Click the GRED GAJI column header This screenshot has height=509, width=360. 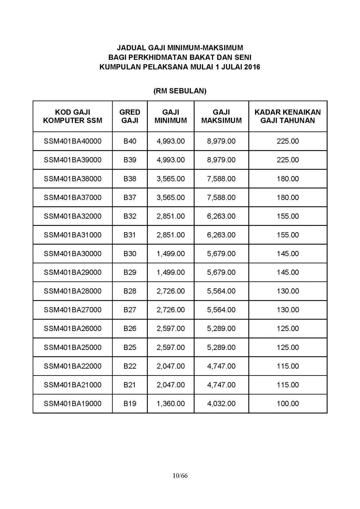pos(130,116)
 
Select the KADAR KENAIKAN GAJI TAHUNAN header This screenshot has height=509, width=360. pos(288,116)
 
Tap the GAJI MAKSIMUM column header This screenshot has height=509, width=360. pos(221,116)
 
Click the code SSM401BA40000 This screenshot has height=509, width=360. pos(72,141)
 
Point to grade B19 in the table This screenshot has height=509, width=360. pos(130,403)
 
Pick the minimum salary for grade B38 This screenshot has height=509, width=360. pos(171,179)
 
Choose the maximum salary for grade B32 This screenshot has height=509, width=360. pos(221,216)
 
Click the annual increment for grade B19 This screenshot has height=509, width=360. pos(288,403)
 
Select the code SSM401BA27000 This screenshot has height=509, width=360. pos(72,310)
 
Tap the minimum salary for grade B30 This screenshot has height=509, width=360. pos(171,253)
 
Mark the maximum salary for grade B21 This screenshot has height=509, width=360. pos(221,385)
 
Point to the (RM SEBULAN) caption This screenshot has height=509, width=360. pos(180,91)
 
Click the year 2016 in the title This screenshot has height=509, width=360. pos(252,67)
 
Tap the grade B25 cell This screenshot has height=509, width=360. pos(130,347)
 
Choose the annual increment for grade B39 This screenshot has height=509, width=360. pos(288,160)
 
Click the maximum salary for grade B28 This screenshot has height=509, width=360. pos(221,291)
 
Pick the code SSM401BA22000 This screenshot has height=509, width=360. pos(72,366)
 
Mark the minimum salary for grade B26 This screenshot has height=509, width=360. pos(171,329)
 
